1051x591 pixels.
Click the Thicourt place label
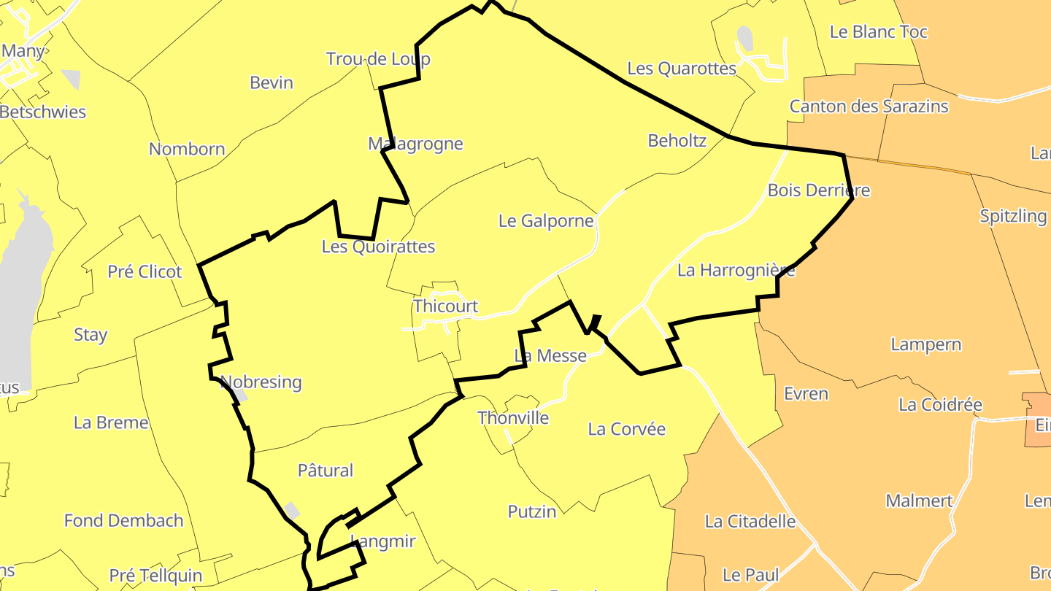tap(445, 306)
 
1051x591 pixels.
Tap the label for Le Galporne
tap(546, 220)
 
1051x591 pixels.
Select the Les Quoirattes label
tap(378, 247)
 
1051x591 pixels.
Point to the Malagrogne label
tap(415, 144)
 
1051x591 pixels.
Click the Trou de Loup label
tap(378, 59)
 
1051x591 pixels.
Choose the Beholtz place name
tap(677, 141)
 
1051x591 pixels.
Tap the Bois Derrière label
tap(819, 190)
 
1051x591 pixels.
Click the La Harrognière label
tap(736, 271)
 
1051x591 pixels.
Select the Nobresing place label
tap(261, 382)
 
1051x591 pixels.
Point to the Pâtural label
tap(326, 471)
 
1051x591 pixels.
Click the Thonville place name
tap(513, 418)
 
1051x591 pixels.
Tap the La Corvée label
tap(627, 429)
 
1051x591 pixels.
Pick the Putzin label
tap(532, 511)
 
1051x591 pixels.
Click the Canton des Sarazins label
tap(869, 107)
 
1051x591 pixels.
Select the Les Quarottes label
tap(682, 69)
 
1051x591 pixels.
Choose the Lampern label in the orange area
tap(926, 344)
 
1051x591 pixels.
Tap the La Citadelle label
tap(750, 521)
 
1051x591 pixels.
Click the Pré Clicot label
tap(145, 271)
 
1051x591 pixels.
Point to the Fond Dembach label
tap(124, 521)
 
